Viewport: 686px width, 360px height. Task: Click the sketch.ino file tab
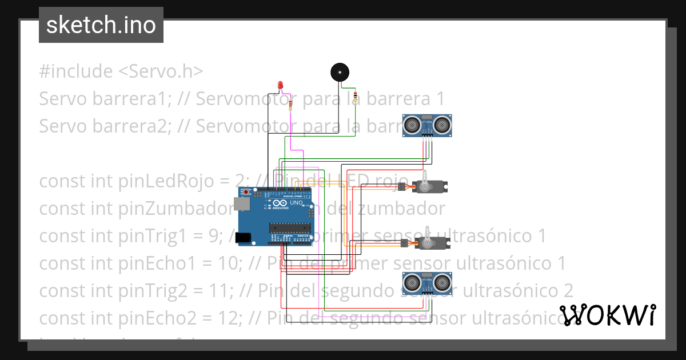pos(101,25)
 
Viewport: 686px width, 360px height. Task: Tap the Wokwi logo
pos(608,315)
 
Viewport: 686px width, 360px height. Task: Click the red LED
pos(280,85)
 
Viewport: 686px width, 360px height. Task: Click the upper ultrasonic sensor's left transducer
pos(412,123)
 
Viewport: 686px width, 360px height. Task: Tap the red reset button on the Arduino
pos(246,191)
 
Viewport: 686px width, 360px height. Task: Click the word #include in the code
pos(76,71)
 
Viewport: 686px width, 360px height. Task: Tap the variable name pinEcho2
pos(155,318)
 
